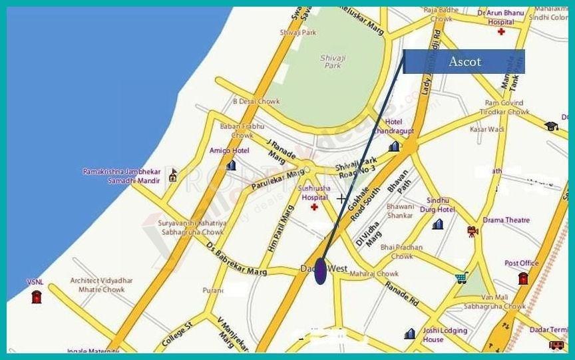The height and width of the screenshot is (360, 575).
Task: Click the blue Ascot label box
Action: [464, 61]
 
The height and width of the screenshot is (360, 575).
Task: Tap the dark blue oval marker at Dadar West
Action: [320, 271]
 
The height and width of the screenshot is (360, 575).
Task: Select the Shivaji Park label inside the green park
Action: [331, 61]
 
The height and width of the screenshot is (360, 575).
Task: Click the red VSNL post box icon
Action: [36, 296]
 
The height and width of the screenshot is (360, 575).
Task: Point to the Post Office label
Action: [521, 264]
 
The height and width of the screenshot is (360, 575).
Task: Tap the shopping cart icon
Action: [461, 277]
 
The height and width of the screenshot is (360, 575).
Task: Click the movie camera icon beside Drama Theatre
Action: [472, 231]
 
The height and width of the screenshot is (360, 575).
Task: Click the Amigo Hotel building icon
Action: [231, 164]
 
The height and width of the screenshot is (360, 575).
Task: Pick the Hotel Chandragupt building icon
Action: [394, 146]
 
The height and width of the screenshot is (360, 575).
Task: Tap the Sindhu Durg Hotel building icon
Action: [437, 224]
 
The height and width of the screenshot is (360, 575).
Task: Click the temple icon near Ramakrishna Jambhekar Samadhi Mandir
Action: [173, 175]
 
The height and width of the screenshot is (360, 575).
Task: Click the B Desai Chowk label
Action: [256, 102]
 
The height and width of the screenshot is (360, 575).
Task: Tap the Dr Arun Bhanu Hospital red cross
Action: [500, 32]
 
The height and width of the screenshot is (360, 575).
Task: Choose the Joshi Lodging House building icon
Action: [410, 333]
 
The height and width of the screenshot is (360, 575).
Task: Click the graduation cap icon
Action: [550, 125]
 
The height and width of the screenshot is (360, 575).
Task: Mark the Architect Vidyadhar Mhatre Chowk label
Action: [97, 285]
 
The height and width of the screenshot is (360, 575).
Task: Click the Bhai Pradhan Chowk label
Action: [401, 252]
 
